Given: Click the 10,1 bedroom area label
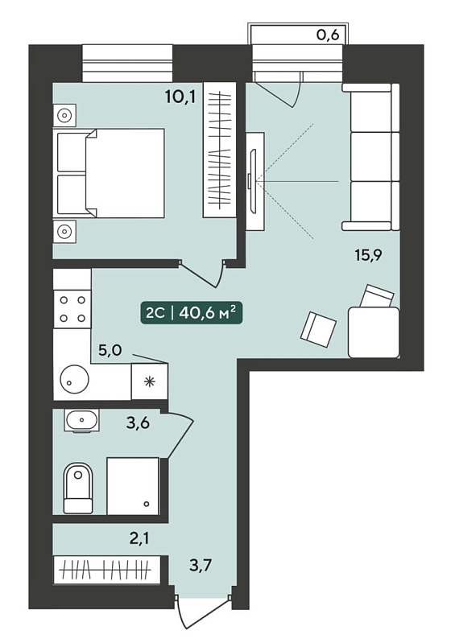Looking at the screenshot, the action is click(x=180, y=97).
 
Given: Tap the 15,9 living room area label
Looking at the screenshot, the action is click(x=368, y=255).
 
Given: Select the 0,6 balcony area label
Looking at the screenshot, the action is click(x=328, y=35).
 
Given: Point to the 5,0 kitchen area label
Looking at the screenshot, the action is click(x=110, y=351).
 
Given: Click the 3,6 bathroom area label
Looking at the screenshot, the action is click(x=138, y=423).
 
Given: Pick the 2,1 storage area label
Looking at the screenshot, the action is click(x=139, y=538).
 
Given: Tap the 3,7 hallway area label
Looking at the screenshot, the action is click(x=201, y=566).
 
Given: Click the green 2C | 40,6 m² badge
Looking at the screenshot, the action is click(x=191, y=313).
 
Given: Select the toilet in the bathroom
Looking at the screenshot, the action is click(x=79, y=488).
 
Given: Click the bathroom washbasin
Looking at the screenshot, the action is click(x=82, y=420).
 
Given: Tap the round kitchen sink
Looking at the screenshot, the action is click(x=74, y=380).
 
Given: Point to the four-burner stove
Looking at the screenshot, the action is click(x=72, y=309).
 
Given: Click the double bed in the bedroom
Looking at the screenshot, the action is click(x=109, y=173).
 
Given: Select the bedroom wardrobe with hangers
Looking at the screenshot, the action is click(x=220, y=150).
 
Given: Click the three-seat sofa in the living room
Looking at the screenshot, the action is click(x=371, y=157).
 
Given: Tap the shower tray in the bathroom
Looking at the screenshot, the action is click(x=133, y=485).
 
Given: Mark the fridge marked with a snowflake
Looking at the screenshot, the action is click(x=149, y=381).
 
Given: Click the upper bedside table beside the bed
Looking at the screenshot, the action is click(x=64, y=115).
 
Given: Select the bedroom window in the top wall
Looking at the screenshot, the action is click(x=127, y=63).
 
